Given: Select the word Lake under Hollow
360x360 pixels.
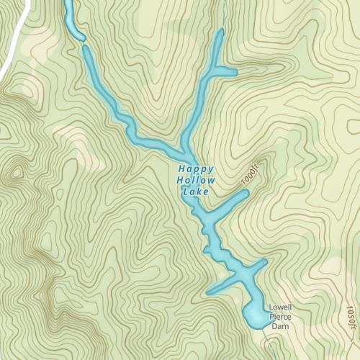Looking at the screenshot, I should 196,192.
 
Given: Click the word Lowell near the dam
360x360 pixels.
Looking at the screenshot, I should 279,308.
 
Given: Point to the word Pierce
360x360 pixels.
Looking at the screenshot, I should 279,317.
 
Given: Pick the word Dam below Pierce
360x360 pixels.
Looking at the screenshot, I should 279,326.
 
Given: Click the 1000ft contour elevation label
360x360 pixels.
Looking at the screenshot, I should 251,174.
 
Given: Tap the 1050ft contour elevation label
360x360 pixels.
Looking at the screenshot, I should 351,319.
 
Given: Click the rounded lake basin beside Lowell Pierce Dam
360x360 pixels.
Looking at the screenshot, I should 256,314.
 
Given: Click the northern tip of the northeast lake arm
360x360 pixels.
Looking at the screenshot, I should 220,32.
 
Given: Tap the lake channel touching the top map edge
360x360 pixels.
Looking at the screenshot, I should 69,6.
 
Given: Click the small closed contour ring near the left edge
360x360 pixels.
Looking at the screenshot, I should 16,171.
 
